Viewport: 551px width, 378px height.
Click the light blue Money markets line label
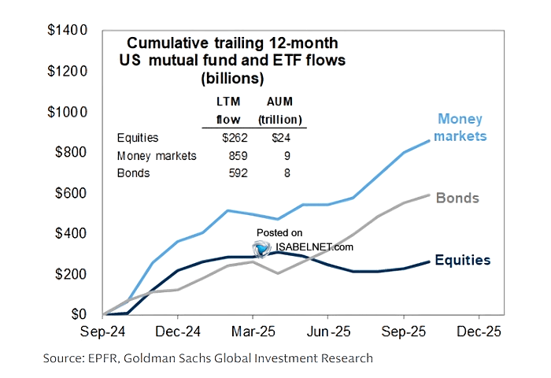(x=461, y=128)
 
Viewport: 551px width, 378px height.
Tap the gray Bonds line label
(x=457, y=197)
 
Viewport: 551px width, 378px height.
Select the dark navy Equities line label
(x=463, y=260)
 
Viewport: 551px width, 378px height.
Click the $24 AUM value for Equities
(x=280, y=138)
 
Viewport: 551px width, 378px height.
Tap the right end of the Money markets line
(x=428, y=140)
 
